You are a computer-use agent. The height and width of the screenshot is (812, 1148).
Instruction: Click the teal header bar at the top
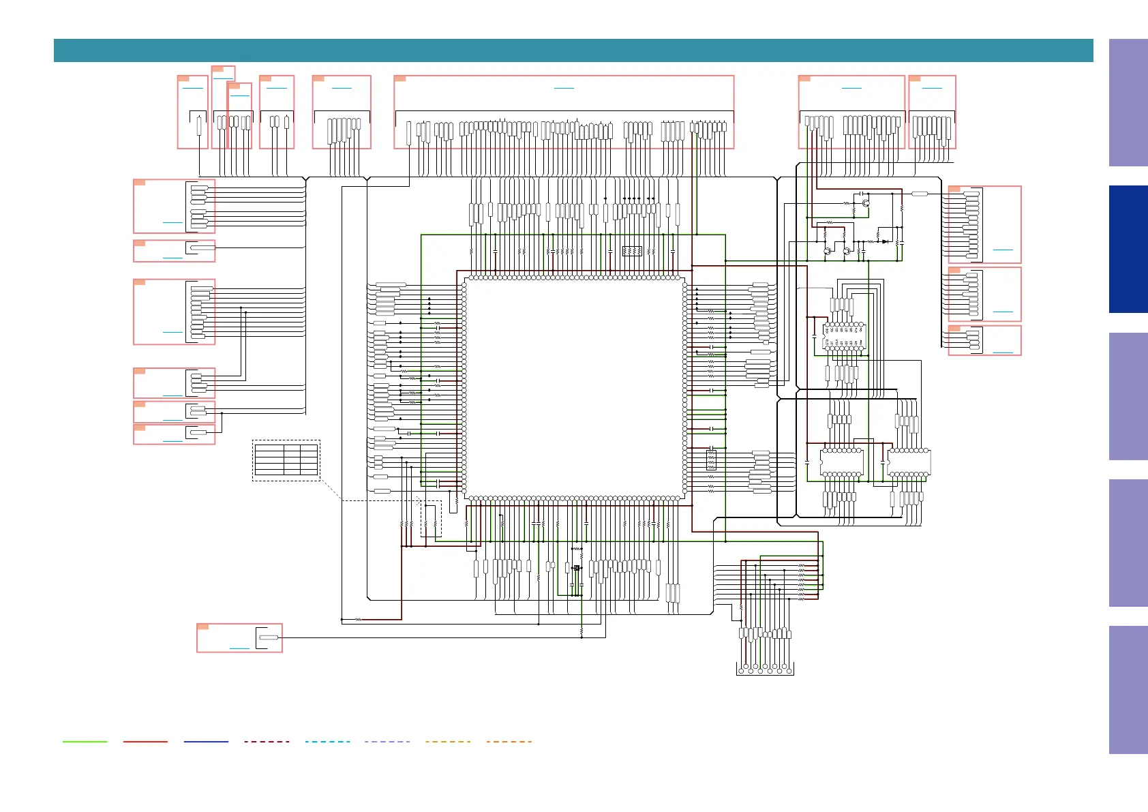573,50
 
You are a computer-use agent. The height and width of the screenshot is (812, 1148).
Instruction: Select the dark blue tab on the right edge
1128,249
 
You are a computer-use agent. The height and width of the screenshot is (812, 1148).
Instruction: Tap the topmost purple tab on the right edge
1128,102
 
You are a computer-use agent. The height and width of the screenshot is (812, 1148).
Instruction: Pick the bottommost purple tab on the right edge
1128,689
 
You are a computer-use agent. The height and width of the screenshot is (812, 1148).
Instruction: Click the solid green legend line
85,741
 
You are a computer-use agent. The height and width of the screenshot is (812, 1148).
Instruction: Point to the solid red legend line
145,741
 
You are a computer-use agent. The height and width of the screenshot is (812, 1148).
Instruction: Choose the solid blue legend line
206,741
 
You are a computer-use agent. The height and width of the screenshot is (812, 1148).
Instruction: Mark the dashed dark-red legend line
267,741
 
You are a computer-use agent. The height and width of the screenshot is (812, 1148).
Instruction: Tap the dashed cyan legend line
327,741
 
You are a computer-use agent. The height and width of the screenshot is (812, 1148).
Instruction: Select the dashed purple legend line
387,741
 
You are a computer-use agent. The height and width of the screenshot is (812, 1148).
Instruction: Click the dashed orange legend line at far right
509,741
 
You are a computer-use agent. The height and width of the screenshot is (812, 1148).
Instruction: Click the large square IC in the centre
575,387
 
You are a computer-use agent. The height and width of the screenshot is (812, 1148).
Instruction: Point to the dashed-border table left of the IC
286,460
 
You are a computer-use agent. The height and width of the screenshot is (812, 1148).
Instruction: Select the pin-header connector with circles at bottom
765,667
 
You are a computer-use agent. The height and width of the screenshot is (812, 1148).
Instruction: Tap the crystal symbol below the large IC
577,568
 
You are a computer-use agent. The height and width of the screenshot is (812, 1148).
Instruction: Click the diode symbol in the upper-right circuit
885,241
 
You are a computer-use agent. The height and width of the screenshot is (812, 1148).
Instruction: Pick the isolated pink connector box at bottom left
239,637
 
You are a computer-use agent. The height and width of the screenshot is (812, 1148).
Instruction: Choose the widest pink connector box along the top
564,112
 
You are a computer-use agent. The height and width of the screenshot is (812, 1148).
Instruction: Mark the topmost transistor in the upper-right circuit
866,202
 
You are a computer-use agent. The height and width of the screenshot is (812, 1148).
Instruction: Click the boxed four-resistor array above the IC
632,251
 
